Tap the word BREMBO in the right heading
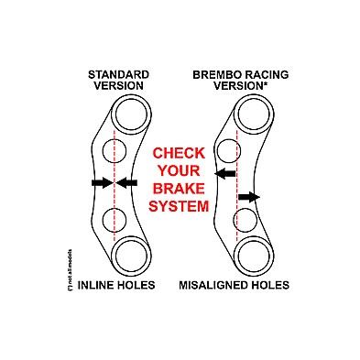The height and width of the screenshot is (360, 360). tap(214, 72)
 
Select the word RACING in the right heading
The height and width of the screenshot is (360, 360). tap(261, 72)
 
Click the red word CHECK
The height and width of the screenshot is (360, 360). tap(180, 153)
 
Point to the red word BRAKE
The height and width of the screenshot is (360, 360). tap(180, 189)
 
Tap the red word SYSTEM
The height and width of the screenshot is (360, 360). tap(180, 207)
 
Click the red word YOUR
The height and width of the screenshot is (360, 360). tap(180, 171)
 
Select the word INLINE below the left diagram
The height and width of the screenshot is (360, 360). tap(99, 286)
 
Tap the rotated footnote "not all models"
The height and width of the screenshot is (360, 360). tap(70, 267)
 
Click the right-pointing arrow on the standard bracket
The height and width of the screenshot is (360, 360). tap(100, 183)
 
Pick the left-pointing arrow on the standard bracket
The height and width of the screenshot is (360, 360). tap(127, 183)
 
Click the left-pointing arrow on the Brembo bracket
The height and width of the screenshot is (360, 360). tap(224, 172)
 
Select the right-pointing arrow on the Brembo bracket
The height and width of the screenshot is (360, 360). tap(248, 196)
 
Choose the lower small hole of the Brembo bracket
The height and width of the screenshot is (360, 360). tap(245, 219)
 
